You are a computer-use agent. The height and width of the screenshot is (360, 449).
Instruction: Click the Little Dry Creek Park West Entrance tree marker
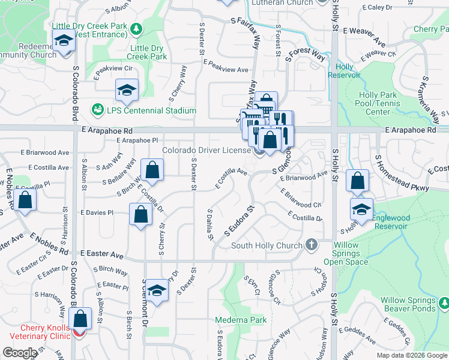click(x=137, y=28)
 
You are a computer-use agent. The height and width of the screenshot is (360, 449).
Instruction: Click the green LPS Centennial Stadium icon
click(x=97, y=110)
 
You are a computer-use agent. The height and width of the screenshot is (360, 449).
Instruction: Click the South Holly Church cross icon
click(x=311, y=244)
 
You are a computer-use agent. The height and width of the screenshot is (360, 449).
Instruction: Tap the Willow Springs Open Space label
click(x=346, y=253)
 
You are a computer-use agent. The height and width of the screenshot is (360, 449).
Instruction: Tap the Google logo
click(x=20, y=353)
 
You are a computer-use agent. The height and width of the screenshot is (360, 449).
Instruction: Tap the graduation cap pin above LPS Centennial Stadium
click(x=127, y=90)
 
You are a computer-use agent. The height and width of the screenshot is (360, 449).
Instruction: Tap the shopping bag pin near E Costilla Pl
click(x=25, y=200)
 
